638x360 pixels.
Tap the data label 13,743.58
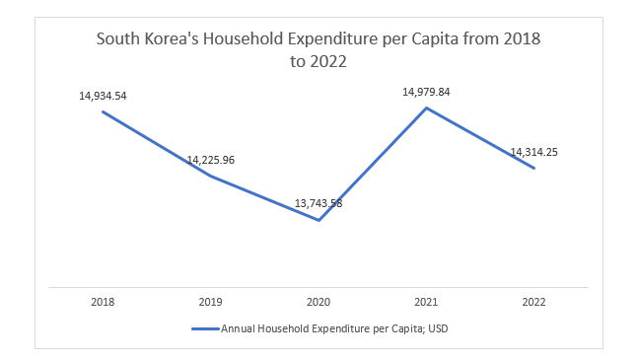pyautogui.click(x=319, y=203)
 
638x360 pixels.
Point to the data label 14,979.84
pyautogui.click(x=426, y=92)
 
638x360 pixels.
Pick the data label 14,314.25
pyautogui.click(x=534, y=152)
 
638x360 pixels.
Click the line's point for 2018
pyautogui.click(x=104, y=111)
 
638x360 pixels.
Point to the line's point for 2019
pyautogui.click(x=211, y=176)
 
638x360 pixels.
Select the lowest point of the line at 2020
pyautogui.click(x=319, y=220)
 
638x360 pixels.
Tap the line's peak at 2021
pyautogui.click(x=426, y=107)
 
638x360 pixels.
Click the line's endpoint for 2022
pyautogui.click(x=534, y=168)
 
